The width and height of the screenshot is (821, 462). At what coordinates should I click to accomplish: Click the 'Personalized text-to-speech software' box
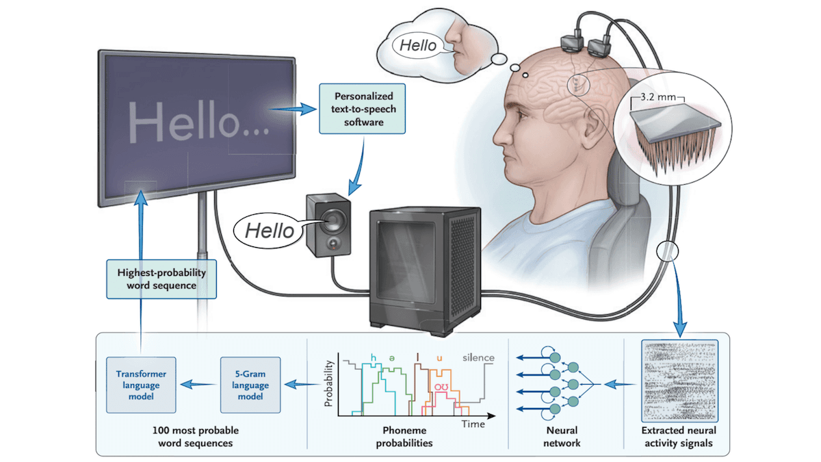pyautogui.click(x=362, y=108)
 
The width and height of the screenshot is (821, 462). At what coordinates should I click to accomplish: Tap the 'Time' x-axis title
pyautogui.click(x=472, y=424)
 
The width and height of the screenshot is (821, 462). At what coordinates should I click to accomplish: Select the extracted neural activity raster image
pyautogui.click(x=680, y=381)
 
